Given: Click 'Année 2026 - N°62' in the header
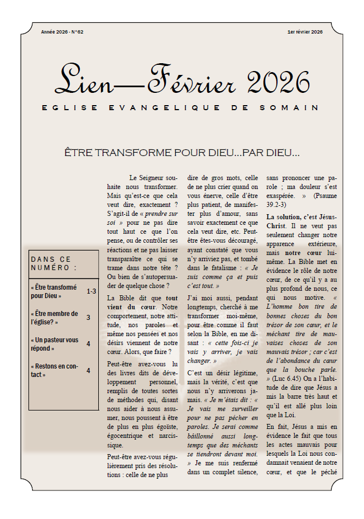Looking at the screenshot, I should [x=62, y=32].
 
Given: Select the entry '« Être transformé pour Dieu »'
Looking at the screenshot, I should [x=54, y=291].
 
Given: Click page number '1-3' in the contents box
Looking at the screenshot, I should [x=91, y=291].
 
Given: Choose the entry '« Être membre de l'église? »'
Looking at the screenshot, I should [x=55, y=318].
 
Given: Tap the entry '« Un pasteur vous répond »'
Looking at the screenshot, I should [x=55, y=344].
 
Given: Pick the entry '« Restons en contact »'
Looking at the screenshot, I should [x=54, y=370].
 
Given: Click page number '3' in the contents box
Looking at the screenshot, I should [x=88, y=318].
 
